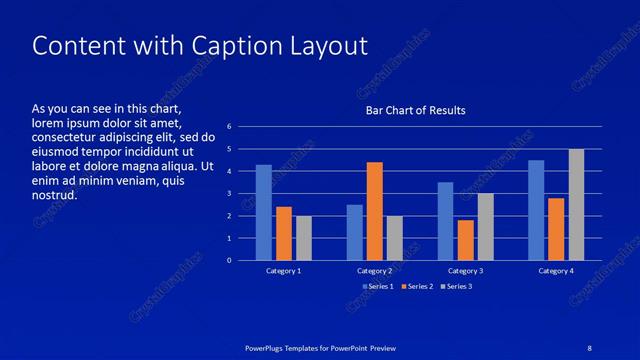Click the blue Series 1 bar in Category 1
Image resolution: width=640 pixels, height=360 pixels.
click(x=264, y=212)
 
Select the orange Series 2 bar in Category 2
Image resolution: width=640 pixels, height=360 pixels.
click(x=375, y=211)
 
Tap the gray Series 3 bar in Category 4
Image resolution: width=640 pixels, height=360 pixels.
click(x=576, y=204)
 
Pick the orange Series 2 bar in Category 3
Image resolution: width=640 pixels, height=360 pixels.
click(x=465, y=240)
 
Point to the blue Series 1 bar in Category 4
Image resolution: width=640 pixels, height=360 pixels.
click(x=536, y=210)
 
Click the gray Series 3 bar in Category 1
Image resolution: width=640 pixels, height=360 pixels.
click(x=304, y=238)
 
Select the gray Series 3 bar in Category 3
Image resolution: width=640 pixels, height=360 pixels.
click(x=485, y=227)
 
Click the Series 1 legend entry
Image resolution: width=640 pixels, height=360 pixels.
click(x=378, y=286)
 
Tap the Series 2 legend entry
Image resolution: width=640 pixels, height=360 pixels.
click(x=417, y=286)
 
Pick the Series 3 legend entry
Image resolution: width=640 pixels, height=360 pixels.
click(x=456, y=286)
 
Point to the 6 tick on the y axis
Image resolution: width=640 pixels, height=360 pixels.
click(x=230, y=127)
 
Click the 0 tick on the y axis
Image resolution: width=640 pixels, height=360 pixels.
click(x=230, y=260)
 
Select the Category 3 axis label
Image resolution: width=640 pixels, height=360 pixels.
click(x=465, y=271)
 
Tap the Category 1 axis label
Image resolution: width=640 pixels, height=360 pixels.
click(x=284, y=271)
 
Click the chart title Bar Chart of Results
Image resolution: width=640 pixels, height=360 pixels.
click(x=415, y=110)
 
